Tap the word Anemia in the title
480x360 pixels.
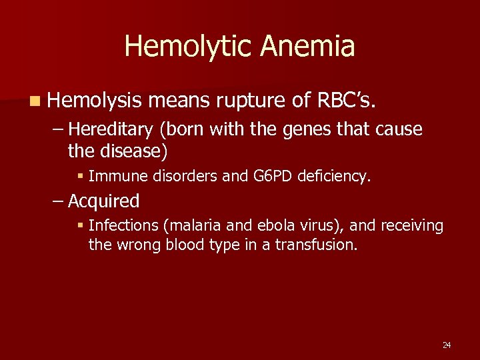[x=308, y=47]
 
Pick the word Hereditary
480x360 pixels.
[x=106, y=129]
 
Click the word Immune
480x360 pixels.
[x=111, y=176]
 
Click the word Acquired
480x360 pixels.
[x=103, y=201]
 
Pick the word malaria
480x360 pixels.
[x=185, y=226]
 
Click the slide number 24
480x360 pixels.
[x=447, y=345]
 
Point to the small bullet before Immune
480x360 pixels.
[x=81, y=177]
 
